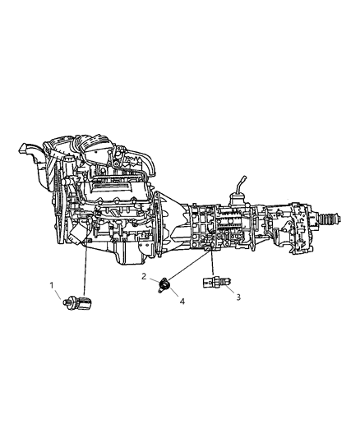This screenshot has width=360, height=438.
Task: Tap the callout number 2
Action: (145, 277)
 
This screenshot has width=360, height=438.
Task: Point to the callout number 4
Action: (183, 302)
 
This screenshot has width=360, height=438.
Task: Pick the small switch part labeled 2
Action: (165, 285)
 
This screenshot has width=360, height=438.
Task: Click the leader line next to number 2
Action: (153, 280)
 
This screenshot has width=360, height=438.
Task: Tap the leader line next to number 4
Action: (176, 295)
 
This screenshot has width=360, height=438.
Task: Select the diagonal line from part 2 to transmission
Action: (185, 268)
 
